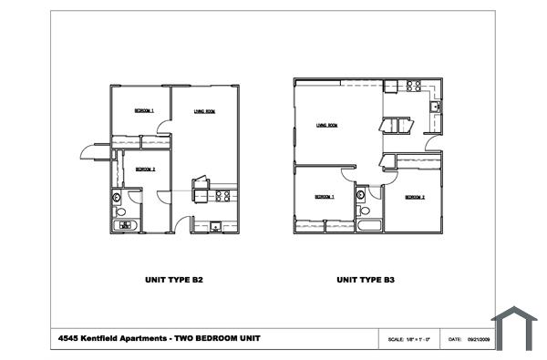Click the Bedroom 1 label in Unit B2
(x=144, y=110)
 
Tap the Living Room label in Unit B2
(x=204, y=111)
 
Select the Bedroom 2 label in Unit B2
(x=146, y=169)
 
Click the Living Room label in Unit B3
(x=327, y=125)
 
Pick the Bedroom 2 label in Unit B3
(x=415, y=197)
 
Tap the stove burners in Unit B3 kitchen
(x=413, y=87)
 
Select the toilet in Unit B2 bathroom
(x=118, y=199)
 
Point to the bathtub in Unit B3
(x=368, y=223)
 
